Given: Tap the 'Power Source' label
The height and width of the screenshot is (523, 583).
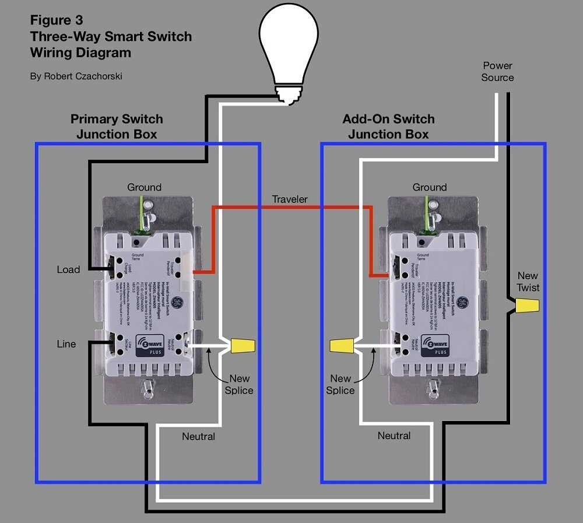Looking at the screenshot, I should point(497,72).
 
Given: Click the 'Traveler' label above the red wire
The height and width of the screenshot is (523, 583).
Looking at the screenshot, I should point(290,199).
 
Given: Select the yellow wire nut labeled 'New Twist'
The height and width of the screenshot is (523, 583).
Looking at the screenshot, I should point(528,305).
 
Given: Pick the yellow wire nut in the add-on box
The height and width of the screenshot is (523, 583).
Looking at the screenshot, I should point(341,347).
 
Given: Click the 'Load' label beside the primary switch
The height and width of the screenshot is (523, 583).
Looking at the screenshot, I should point(68,269).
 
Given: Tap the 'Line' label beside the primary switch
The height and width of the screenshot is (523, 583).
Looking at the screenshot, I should point(66,344).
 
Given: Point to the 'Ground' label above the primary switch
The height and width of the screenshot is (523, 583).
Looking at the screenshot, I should point(144,187).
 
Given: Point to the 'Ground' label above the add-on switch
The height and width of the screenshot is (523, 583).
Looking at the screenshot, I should point(430,187).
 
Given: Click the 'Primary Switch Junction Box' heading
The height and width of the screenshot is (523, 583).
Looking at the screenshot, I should point(117,127).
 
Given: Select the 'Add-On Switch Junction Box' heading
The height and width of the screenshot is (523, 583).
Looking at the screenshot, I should point(388,127).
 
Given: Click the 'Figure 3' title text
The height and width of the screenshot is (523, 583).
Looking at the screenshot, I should point(57,20).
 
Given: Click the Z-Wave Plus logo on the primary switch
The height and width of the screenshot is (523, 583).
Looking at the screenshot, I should point(150,345).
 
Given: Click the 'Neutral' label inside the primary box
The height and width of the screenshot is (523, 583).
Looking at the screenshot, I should point(198,436).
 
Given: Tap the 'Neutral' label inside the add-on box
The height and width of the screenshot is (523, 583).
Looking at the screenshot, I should point(394,436).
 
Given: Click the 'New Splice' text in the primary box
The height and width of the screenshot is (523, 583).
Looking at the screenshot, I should point(239,384).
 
